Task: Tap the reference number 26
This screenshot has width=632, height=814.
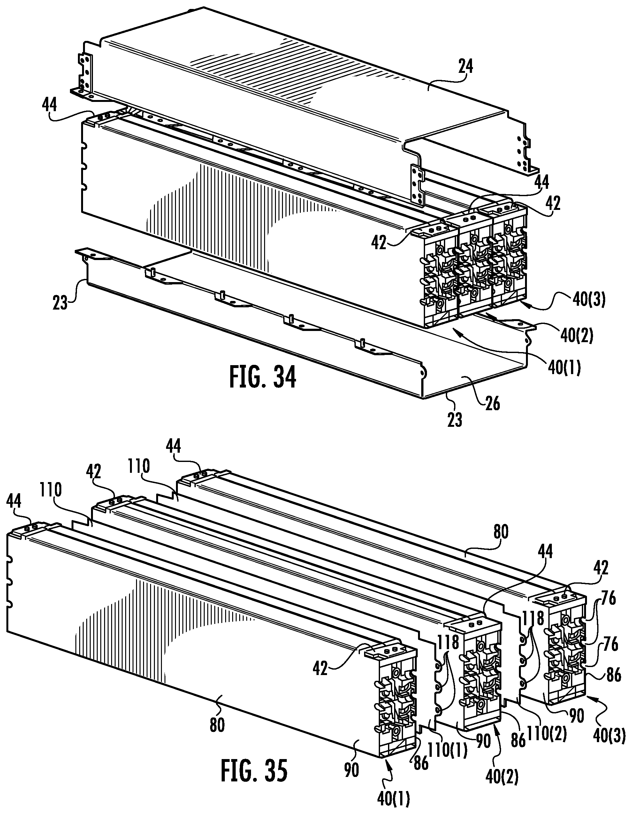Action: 493,404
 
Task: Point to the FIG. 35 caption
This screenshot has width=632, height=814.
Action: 254,770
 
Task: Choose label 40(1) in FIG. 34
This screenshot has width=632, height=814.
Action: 564,368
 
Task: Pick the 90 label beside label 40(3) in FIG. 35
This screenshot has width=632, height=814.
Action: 577,716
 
